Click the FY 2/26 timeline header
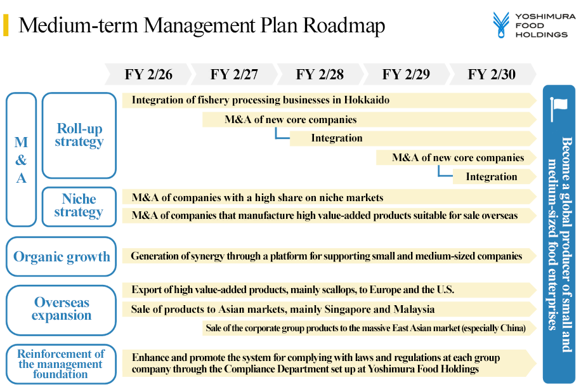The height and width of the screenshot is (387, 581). (148, 74)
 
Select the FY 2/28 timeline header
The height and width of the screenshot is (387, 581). (320, 74)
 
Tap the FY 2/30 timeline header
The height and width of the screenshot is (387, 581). (492, 74)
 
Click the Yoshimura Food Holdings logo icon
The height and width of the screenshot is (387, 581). (501, 25)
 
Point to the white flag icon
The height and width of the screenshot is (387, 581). (559, 108)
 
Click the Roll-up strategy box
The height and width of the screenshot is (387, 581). (79, 135)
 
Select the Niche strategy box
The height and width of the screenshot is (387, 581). (79, 206)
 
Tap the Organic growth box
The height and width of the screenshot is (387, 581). (61, 256)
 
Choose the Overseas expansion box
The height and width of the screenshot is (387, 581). (61, 310)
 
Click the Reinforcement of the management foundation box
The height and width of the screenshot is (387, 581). (61, 364)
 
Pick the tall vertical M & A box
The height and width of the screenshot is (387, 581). (21, 159)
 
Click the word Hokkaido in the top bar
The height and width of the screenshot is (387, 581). (367, 100)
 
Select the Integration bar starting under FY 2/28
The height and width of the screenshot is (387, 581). (413, 138)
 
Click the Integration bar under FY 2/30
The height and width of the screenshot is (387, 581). (494, 177)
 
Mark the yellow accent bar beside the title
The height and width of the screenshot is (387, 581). (6, 25)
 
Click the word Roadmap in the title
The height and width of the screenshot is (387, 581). (344, 25)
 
